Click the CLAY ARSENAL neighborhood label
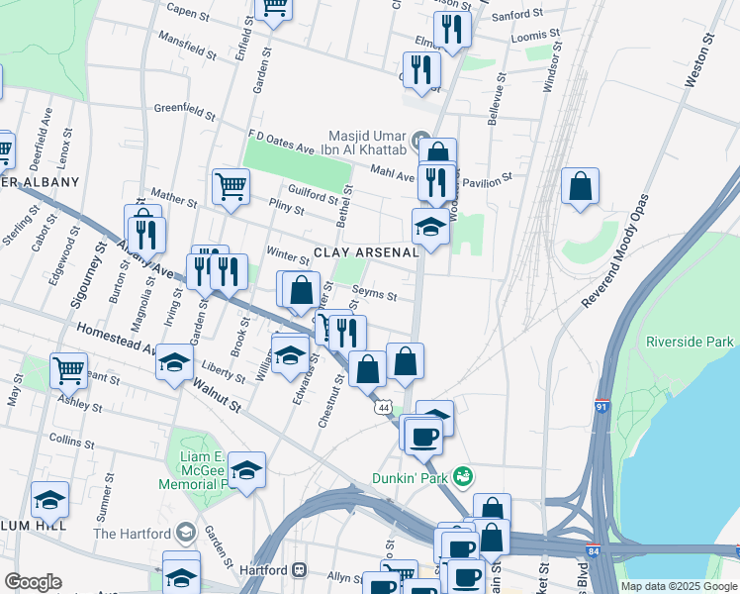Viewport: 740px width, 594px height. point(367,252)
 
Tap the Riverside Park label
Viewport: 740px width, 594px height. point(690,342)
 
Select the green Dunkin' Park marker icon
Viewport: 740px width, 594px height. point(459,476)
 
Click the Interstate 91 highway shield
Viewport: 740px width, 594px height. point(602,407)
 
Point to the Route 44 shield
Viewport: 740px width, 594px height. point(382,407)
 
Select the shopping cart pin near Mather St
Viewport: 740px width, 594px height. point(231,186)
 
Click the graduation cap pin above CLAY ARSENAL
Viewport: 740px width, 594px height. point(430,227)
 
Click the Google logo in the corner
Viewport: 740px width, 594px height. point(34,581)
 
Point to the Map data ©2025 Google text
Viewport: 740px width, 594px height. point(678,586)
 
